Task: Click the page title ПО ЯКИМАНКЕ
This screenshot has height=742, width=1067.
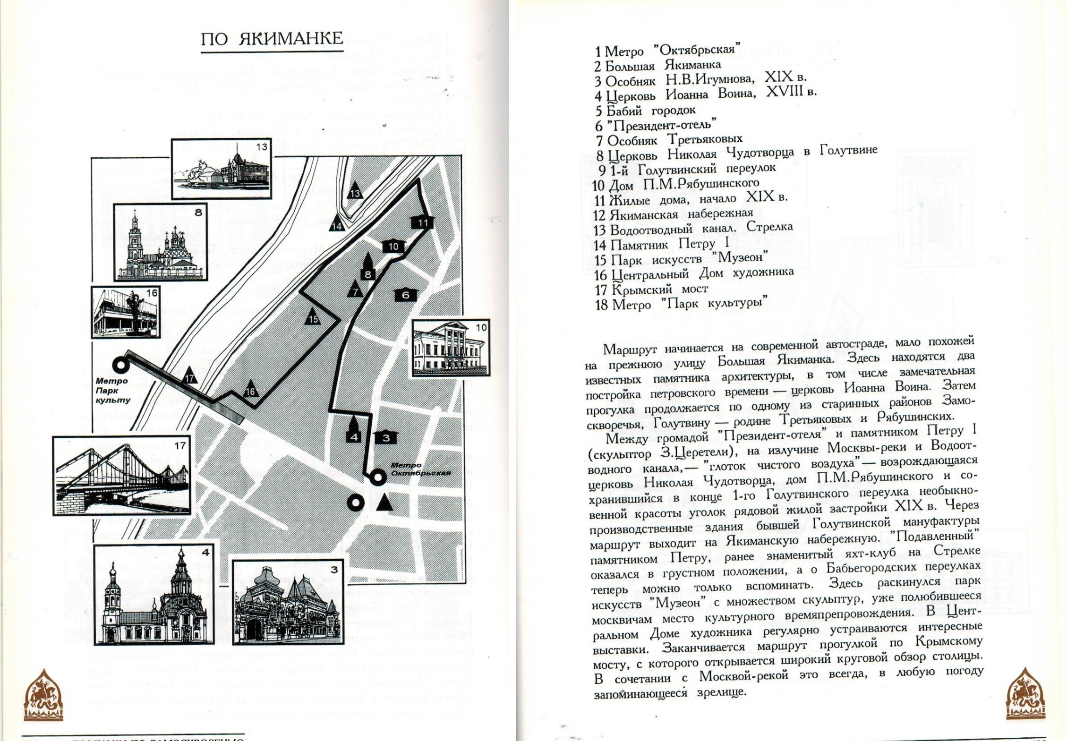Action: click(272, 39)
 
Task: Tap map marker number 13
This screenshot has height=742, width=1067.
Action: click(355, 192)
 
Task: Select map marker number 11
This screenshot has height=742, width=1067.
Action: click(422, 222)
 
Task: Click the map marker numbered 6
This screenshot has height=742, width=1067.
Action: click(405, 295)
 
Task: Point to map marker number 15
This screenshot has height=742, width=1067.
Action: click(313, 318)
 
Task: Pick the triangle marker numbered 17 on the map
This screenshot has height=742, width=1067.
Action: click(189, 376)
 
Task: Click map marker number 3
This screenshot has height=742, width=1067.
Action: click(386, 437)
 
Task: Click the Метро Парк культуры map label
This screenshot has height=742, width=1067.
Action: click(112, 391)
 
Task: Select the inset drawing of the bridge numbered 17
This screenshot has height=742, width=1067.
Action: click(122, 475)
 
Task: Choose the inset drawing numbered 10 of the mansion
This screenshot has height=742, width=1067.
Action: click(451, 348)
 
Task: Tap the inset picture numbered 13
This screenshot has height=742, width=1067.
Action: click(221, 169)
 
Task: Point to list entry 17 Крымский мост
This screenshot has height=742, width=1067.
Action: click(651, 289)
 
